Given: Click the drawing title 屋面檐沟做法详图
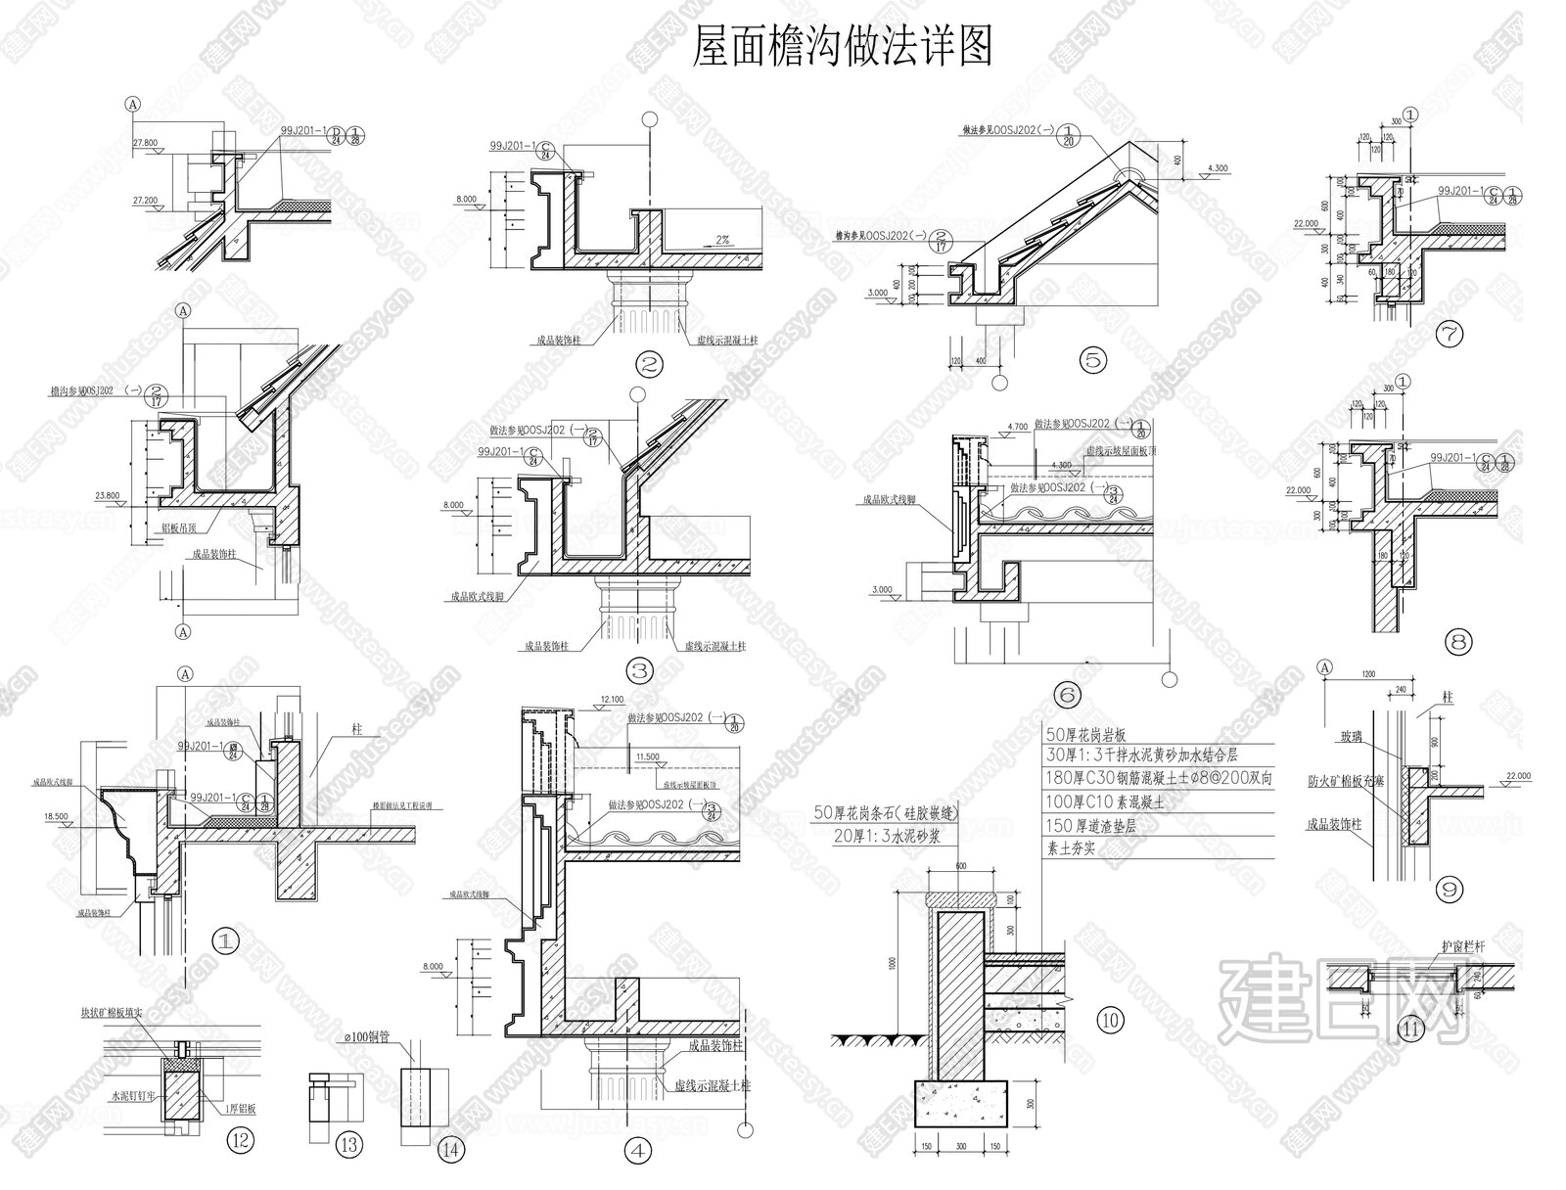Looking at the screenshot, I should coord(842,46).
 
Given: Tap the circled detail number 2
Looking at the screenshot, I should coord(649,366).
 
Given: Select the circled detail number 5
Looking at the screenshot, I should coord(1093,359).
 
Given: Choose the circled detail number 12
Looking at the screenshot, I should coord(240,1139).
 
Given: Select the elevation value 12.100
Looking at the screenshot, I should coord(613,700).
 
